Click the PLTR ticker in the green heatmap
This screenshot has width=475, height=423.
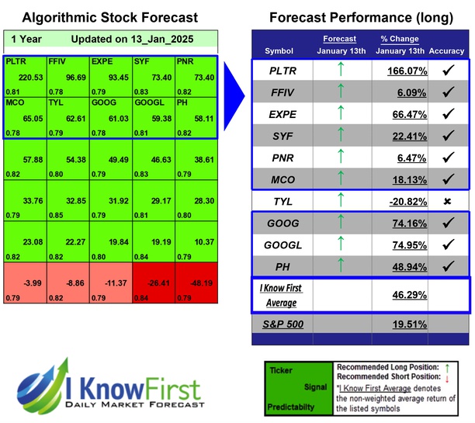[15, 60]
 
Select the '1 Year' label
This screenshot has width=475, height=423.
[26, 39]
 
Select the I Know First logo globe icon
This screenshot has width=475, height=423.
[43, 387]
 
